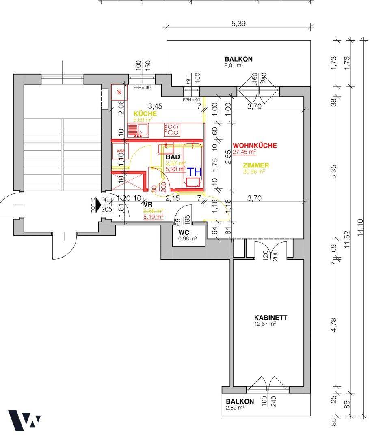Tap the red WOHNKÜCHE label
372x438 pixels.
point(255,145)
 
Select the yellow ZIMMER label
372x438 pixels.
point(256,165)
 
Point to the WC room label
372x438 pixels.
point(184,232)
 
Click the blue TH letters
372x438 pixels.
point(194,171)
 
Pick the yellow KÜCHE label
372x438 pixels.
point(145,114)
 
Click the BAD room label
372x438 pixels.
point(173,157)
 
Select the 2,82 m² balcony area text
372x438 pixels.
point(235,408)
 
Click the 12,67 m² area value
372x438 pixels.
point(265,324)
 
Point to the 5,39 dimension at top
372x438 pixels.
point(238,24)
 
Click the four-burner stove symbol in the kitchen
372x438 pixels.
point(172,130)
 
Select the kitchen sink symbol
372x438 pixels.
point(138,130)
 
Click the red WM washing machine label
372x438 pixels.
point(120,151)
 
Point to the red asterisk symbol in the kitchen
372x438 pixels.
point(119,92)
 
